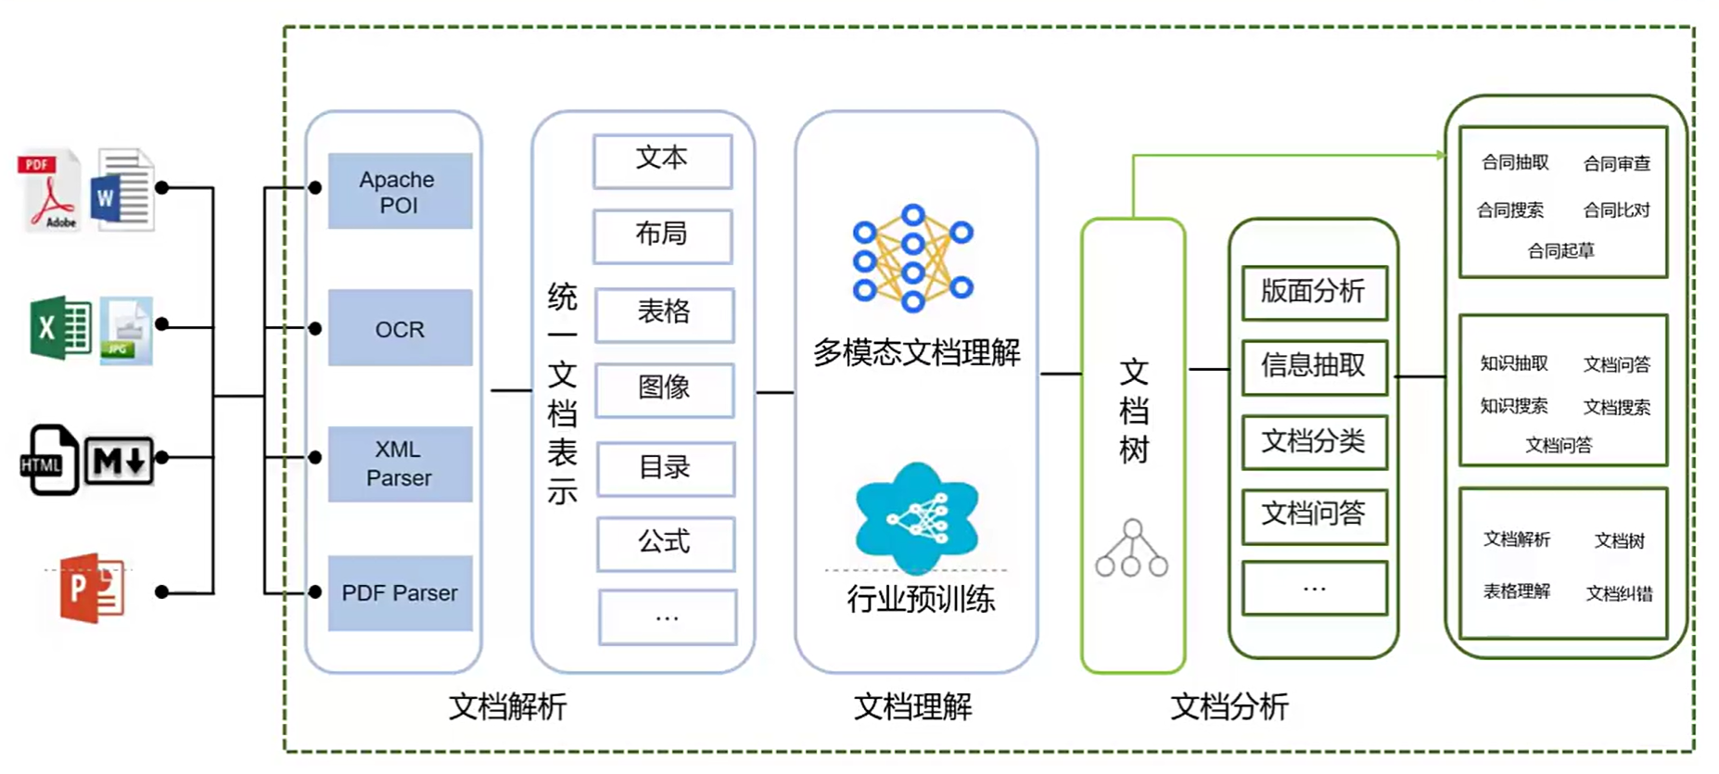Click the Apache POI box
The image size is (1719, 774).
(x=400, y=191)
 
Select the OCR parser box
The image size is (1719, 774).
(x=400, y=328)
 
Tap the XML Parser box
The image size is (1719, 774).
(x=400, y=463)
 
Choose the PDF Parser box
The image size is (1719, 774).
(x=400, y=593)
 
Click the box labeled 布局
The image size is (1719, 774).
(x=662, y=235)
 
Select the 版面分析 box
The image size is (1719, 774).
(x=1314, y=293)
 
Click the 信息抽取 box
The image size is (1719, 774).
(x=1314, y=367)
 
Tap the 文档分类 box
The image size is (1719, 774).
(x=1314, y=442)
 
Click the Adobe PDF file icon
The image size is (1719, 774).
(x=50, y=190)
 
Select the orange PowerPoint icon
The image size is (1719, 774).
(x=91, y=588)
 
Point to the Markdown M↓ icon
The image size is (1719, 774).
(x=119, y=460)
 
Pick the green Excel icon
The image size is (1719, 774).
(x=59, y=328)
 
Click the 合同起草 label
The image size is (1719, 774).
(x=1561, y=251)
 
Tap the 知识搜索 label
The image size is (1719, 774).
(x=1514, y=406)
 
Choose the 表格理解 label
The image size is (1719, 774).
(x=1517, y=591)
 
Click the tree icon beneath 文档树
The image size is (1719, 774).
(x=1132, y=549)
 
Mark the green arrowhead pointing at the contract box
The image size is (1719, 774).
(x=1440, y=155)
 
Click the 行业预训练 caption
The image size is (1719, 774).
(x=920, y=600)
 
